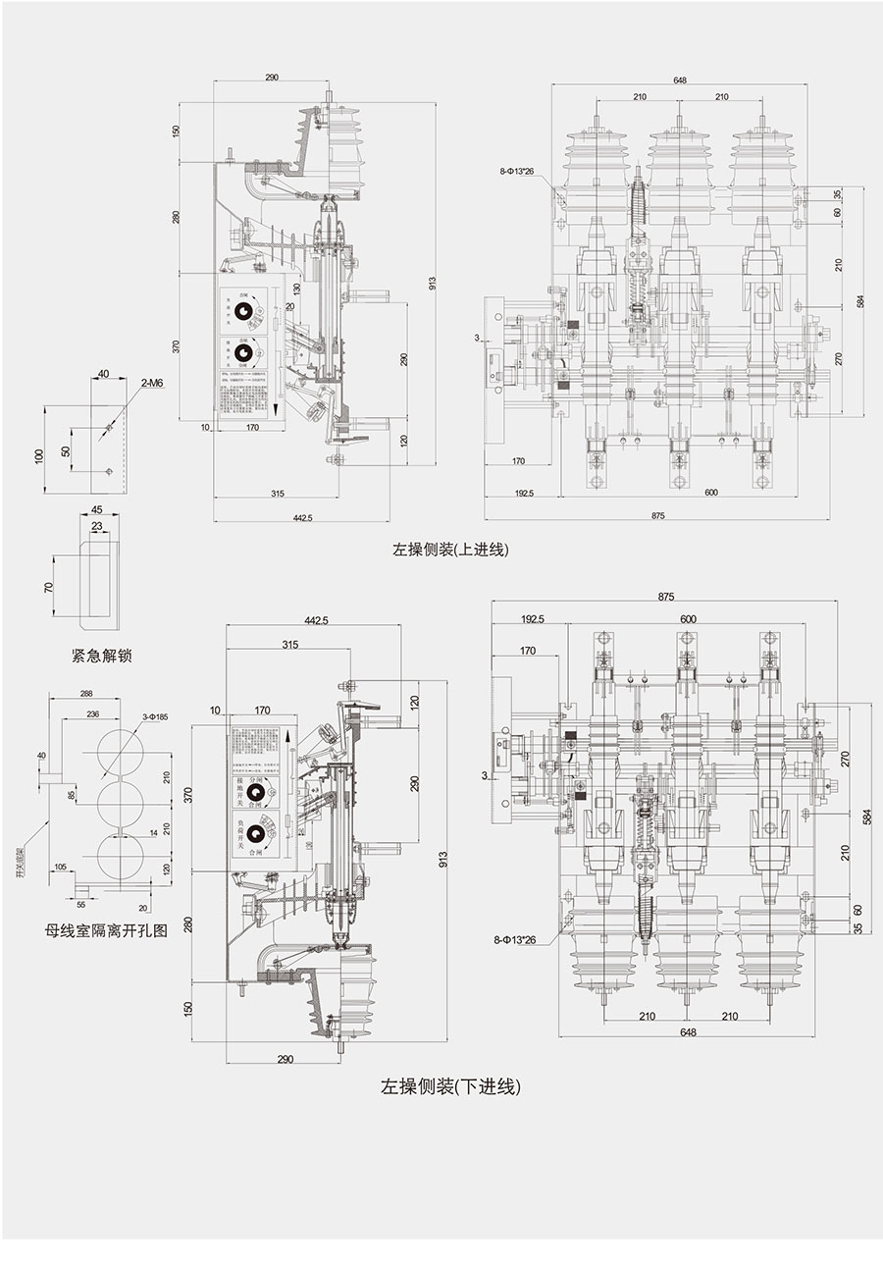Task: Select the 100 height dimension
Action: tap(40, 457)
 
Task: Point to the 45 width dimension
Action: tap(96, 509)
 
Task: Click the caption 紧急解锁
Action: tap(101, 655)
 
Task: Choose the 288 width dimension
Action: tap(86, 694)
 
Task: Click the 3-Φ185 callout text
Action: tap(154, 717)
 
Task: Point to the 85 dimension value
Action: tap(72, 795)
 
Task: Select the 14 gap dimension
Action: tap(152, 832)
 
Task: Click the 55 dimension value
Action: tap(80, 904)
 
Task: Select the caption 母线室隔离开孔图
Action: tap(106, 930)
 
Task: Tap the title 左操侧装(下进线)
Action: tap(450, 1086)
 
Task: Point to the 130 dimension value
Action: tap(295, 288)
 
